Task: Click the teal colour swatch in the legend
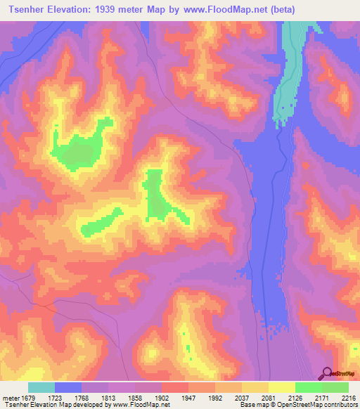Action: tap(41, 387)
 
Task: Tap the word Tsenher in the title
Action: tap(28, 9)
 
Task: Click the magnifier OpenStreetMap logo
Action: tap(328, 374)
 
